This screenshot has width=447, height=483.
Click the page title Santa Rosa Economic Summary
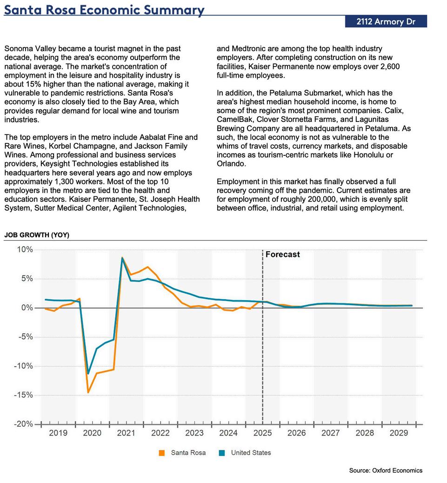click(x=104, y=10)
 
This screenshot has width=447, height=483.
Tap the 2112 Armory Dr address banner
click(x=386, y=21)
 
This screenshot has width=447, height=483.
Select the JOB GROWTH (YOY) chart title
click(x=37, y=235)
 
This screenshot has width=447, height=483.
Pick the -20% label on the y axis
click(x=23, y=424)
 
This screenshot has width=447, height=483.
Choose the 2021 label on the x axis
click(x=126, y=433)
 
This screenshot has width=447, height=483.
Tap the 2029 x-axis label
click(x=399, y=433)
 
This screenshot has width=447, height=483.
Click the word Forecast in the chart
click(x=283, y=255)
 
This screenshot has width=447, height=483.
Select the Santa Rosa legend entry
click(x=188, y=453)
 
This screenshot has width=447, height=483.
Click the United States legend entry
click(x=251, y=453)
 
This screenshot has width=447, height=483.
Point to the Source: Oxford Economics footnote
click(x=386, y=470)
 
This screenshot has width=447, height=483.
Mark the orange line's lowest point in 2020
click(x=88, y=392)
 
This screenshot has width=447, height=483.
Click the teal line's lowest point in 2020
click(x=88, y=373)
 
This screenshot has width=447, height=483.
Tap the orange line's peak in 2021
click(x=122, y=258)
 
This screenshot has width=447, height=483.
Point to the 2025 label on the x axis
click(x=263, y=433)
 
